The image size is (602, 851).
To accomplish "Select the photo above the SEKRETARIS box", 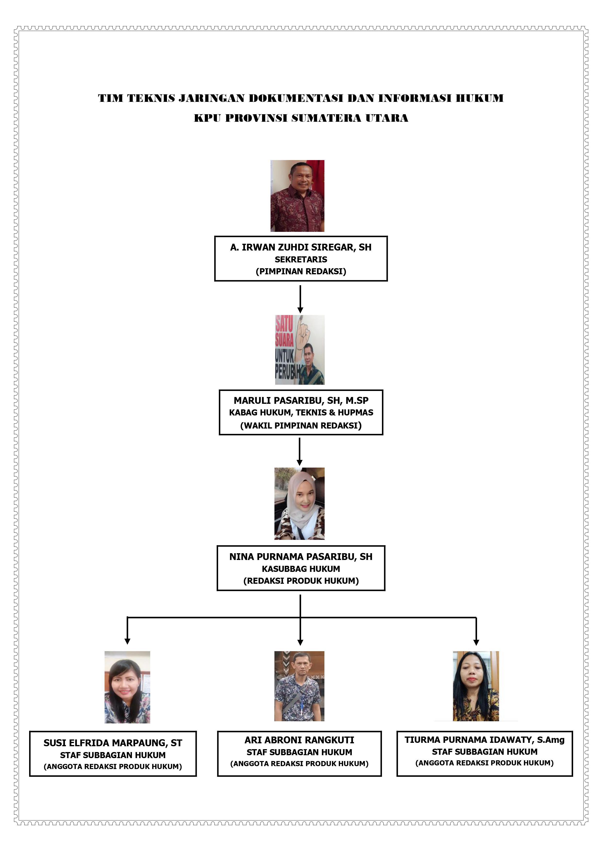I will (x=297, y=196).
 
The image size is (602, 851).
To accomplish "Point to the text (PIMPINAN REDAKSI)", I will (x=301, y=271).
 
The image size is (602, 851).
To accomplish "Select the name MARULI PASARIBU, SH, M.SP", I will (x=301, y=401).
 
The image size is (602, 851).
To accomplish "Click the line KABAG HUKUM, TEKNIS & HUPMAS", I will (x=301, y=413).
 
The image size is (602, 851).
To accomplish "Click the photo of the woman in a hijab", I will (x=299, y=503).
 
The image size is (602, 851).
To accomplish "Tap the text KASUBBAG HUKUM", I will (x=301, y=569).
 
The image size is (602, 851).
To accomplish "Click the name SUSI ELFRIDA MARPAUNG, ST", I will (x=113, y=743).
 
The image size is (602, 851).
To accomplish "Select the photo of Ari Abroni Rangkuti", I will (x=299, y=686).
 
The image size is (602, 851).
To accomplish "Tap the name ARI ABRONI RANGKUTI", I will (x=299, y=740).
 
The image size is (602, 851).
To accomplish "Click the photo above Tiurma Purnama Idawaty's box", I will (x=476, y=686).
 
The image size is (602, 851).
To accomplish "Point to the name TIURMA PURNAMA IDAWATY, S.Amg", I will (x=484, y=740).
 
